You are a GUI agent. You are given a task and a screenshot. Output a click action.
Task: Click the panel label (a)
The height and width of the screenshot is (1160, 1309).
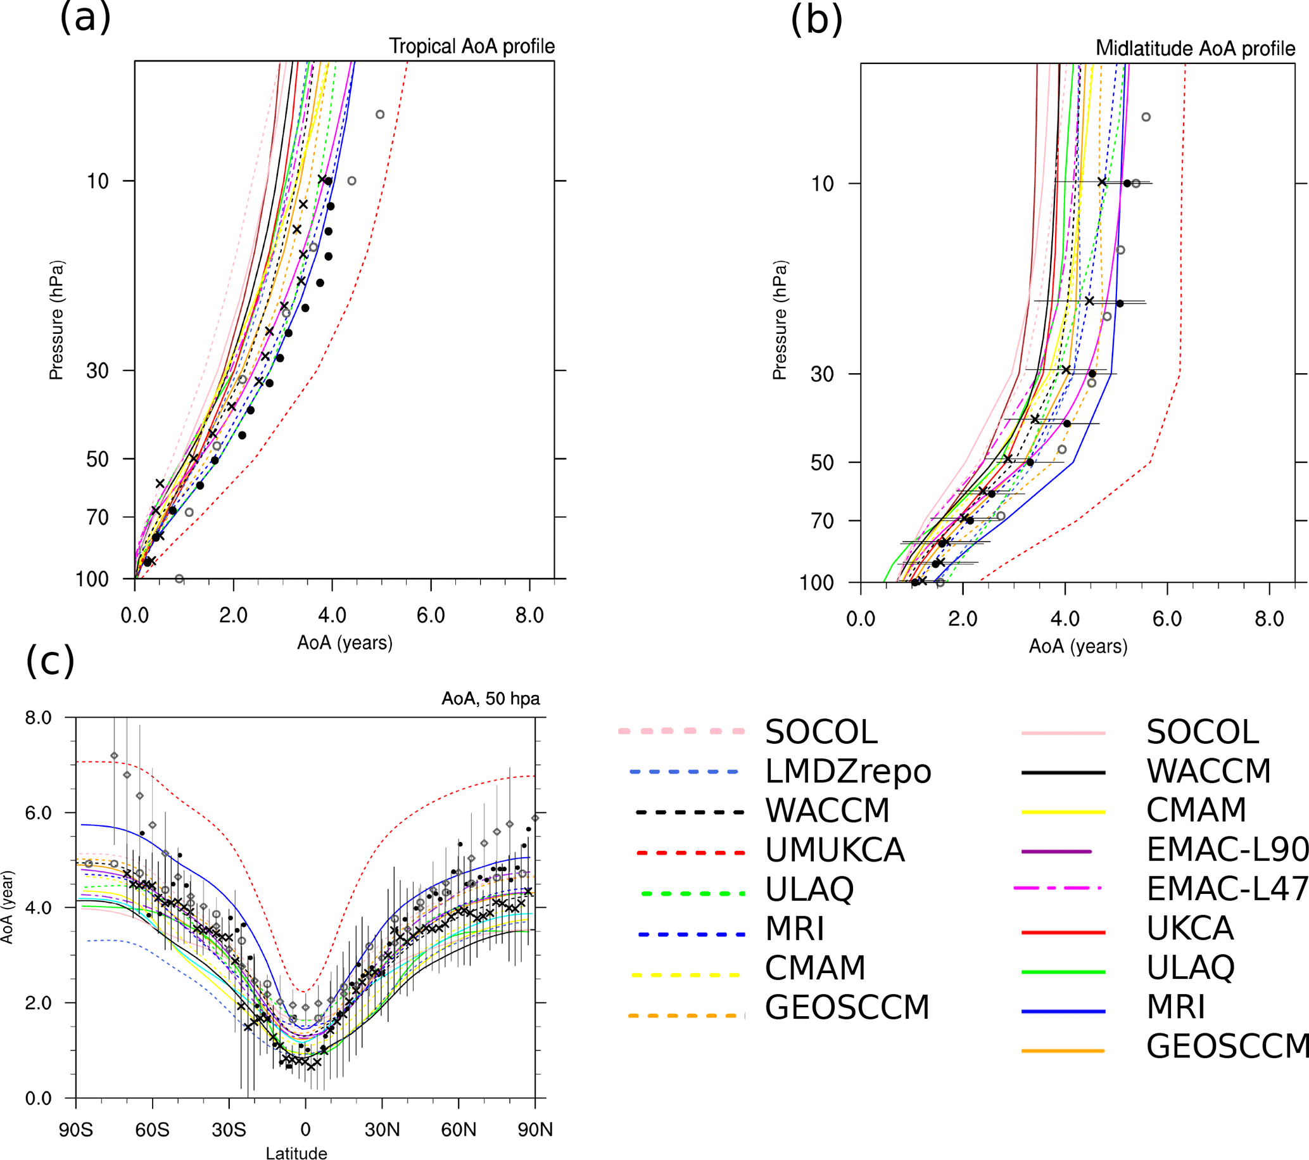[85, 18]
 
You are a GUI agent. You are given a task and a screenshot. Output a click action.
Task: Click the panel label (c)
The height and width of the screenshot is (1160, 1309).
[50, 661]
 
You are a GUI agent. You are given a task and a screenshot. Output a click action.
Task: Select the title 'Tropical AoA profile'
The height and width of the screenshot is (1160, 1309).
[472, 46]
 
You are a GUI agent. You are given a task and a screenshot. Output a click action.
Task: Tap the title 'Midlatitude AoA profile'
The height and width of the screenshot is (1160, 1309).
[1195, 48]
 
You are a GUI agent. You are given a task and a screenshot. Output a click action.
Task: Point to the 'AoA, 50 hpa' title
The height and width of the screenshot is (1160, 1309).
[491, 698]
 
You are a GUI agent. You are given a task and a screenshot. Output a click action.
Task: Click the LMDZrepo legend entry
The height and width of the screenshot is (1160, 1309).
[847, 771]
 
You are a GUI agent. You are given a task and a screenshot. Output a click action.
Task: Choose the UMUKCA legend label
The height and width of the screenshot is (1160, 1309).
[835, 850]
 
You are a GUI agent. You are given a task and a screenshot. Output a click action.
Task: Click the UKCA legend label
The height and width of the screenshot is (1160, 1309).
[1190, 928]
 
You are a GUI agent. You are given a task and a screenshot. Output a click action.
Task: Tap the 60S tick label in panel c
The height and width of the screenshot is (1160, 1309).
[153, 1129]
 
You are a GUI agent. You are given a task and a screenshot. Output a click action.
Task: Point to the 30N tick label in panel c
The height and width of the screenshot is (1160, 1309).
[383, 1129]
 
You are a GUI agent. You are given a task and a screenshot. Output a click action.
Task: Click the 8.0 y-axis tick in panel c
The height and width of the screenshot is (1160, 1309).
[39, 717]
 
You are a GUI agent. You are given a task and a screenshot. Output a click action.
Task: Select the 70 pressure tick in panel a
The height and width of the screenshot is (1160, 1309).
[98, 517]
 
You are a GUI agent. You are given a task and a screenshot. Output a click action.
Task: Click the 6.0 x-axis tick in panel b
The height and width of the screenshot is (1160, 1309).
[1167, 619]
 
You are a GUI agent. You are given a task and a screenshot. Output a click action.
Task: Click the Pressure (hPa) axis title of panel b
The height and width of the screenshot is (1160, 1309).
[780, 321]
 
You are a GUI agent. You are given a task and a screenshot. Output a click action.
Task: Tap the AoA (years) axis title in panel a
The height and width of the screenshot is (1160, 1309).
[345, 642]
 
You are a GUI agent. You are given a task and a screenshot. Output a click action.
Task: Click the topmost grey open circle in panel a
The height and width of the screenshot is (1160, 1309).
[380, 115]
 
